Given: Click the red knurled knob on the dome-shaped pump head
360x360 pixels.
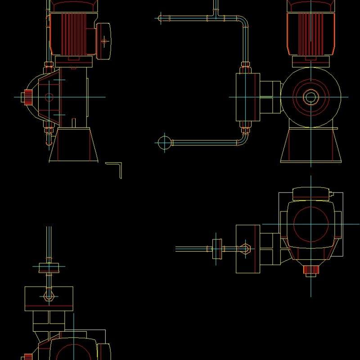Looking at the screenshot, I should point(28,97).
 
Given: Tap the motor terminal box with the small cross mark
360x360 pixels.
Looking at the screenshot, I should point(104,41).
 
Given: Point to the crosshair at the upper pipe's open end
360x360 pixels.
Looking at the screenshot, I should point(160,18).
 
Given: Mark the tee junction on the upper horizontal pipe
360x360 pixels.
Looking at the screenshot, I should point(216,17).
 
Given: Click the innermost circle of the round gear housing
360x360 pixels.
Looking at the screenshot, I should point(310,97).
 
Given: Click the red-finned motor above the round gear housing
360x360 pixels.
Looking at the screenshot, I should point(310,27).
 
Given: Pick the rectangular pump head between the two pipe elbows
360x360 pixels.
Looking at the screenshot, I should point(247,97).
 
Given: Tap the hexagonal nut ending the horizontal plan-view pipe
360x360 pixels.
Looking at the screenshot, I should point(246,248).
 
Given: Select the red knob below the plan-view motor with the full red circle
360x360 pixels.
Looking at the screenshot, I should point(310,270).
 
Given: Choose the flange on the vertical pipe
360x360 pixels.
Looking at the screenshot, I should point(49,267).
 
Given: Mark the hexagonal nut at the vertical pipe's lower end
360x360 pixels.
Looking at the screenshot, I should point(49,296).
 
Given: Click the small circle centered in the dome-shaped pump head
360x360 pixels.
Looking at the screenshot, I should point(49,97).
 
